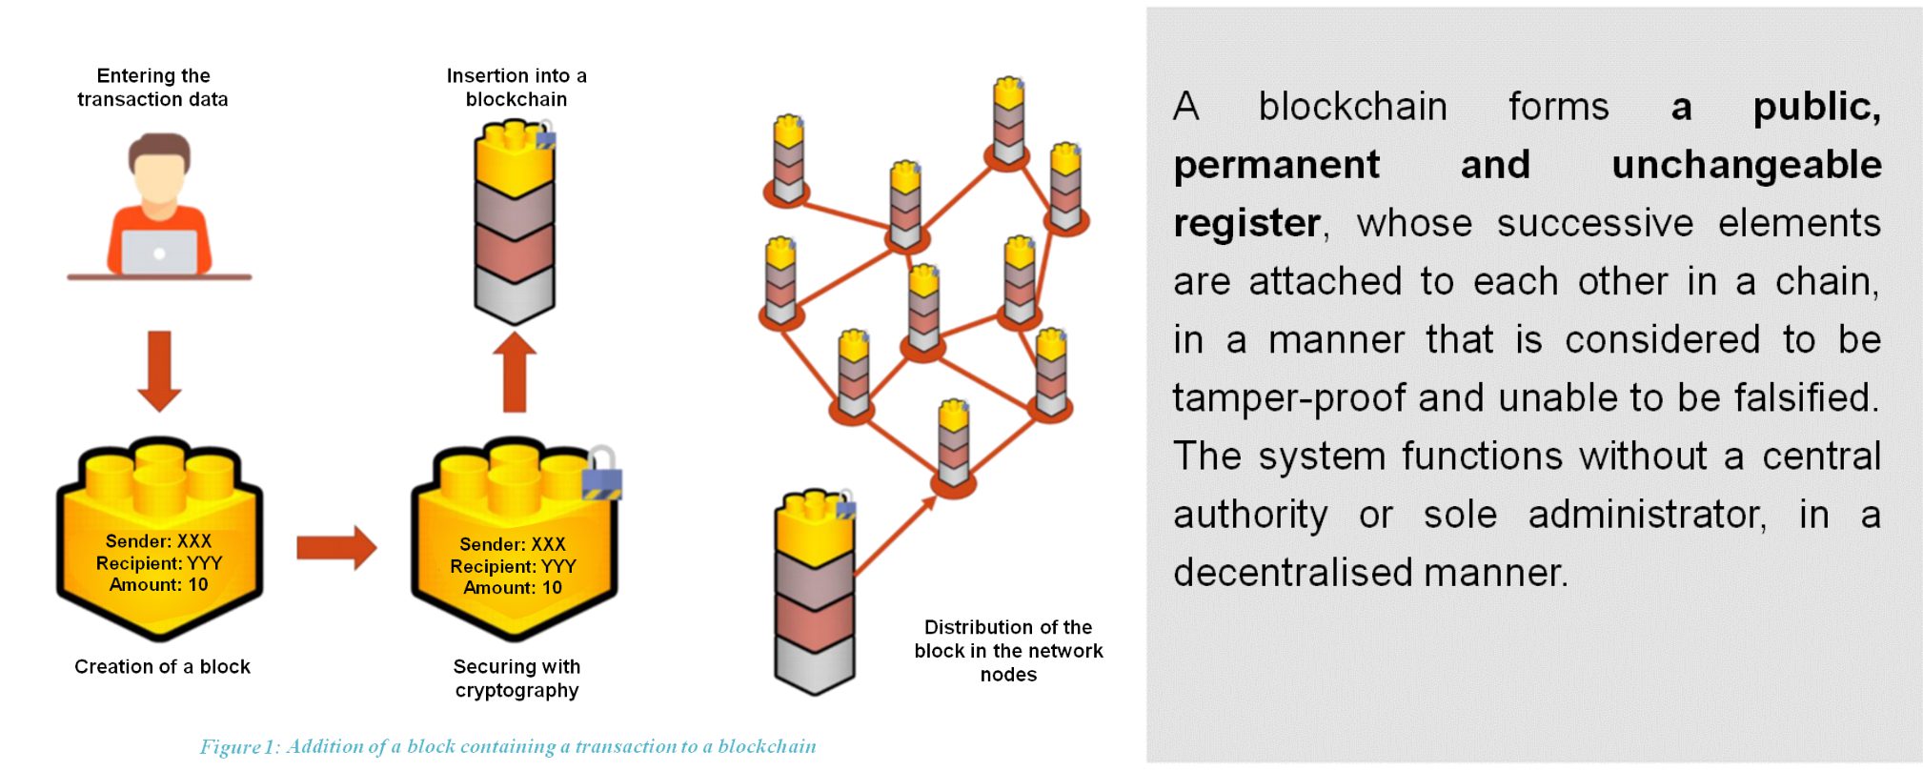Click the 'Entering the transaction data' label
click(x=152, y=87)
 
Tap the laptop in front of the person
click(x=159, y=253)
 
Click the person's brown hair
click(x=159, y=148)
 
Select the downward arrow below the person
click(x=159, y=370)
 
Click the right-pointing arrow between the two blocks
click(x=335, y=547)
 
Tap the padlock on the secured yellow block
click(x=601, y=474)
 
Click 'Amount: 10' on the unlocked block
click(x=158, y=584)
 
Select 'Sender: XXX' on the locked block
click(x=513, y=544)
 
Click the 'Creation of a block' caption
click(x=162, y=666)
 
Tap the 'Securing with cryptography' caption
click(x=516, y=678)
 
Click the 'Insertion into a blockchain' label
click(x=516, y=87)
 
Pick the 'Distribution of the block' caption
click(x=1008, y=650)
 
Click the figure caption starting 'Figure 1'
click(x=507, y=746)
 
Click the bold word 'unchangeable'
click(x=1746, y=165)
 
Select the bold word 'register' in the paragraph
click(x=1246, y=223)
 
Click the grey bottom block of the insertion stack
click(x=515, y=295)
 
